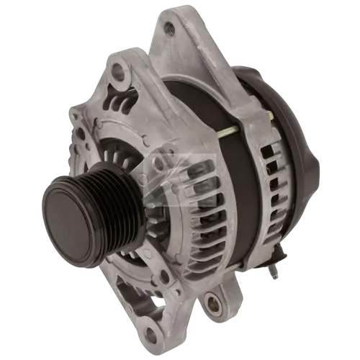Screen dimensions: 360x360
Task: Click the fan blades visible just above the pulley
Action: coord(115,155)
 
